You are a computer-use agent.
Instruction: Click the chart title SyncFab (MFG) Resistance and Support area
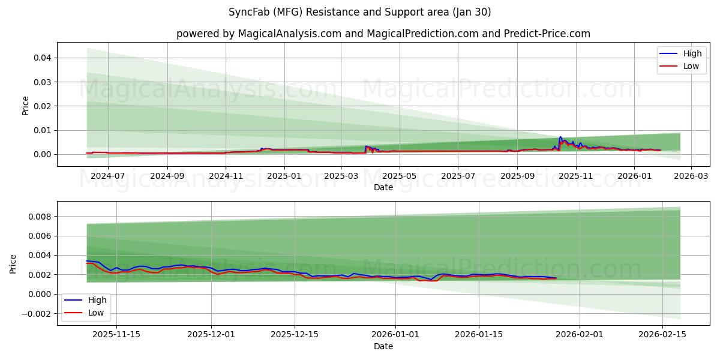click(x=359, y=12)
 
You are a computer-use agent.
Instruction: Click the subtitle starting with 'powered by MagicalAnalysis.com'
click(x=383, y=34)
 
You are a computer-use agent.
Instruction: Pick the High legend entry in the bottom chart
click(x=86, y=300)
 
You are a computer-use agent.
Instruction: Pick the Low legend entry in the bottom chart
click(x=86, y=313)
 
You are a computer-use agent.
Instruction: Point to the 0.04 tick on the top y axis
click(x=41, y=58)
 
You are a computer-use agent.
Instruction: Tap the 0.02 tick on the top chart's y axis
click(x=41, y=106)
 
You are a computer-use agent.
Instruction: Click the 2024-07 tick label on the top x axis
click(x=109, y=176)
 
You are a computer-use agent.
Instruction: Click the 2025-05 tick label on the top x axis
click(x=399, y=176)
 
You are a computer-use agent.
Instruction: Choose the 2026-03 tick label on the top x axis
click(x=691, y=176)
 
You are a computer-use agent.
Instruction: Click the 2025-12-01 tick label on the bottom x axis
click(x=211, y=335)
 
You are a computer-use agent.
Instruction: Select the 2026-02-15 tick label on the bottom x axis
click(x=662, y=335)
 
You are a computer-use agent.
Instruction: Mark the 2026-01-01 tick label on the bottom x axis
click(x=395, y=335)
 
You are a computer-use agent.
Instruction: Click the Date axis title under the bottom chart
click(x=383, y=346)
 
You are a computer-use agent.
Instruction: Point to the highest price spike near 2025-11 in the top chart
click(x=560, y=137)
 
